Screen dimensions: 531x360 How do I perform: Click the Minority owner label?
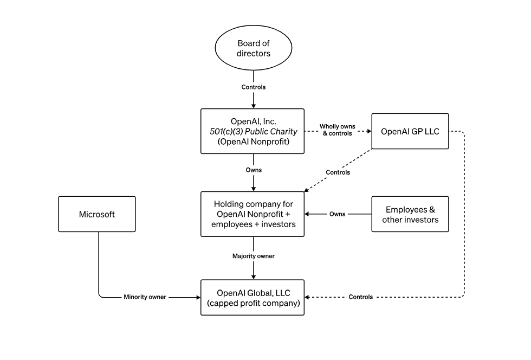(145, 297)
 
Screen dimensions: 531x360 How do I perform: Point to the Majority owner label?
(254, 256)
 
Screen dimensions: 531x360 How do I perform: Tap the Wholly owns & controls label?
(337, 130)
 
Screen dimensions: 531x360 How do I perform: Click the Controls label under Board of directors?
(254, 87)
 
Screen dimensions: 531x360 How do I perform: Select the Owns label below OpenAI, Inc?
(254, 170)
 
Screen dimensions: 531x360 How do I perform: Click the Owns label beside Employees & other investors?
(337, 214)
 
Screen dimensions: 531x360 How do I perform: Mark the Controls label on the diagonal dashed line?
(338, 172)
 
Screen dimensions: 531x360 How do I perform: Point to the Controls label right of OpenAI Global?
(361, 297)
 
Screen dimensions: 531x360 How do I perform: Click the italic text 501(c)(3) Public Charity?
(254, 132)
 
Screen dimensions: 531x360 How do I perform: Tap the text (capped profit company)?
(254, 303)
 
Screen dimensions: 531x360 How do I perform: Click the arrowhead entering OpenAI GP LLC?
(369, 131)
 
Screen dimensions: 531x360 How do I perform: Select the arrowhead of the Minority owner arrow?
(198, 297)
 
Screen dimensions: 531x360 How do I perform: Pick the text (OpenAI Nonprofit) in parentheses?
(254, 142)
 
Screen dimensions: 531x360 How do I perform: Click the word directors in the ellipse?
(254, 54)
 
